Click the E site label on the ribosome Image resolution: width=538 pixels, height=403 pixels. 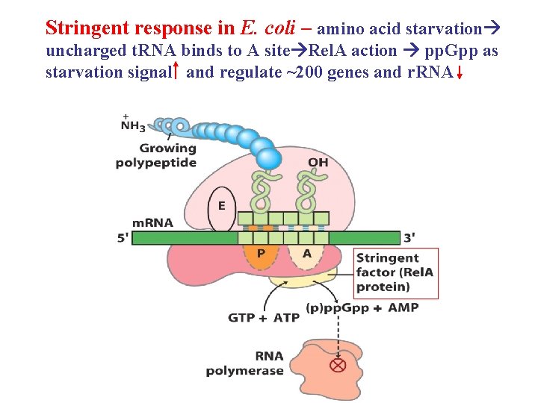221,205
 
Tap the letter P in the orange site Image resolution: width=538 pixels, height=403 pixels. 261,254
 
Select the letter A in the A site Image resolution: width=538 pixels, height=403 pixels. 307,254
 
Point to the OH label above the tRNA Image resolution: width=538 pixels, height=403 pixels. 318,163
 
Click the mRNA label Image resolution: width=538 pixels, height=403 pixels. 152,222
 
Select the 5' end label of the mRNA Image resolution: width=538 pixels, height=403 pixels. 122,238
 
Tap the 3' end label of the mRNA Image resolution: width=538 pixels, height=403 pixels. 409,237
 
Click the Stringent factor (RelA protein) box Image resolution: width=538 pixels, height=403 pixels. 395,272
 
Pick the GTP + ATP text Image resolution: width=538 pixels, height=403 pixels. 264,317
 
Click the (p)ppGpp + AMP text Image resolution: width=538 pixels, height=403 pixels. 362,307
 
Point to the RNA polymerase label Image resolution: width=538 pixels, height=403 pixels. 245,363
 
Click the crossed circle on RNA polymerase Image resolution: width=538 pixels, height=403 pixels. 338,366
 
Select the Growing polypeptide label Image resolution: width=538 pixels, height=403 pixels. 156,155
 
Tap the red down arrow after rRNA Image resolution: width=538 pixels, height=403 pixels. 459,74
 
